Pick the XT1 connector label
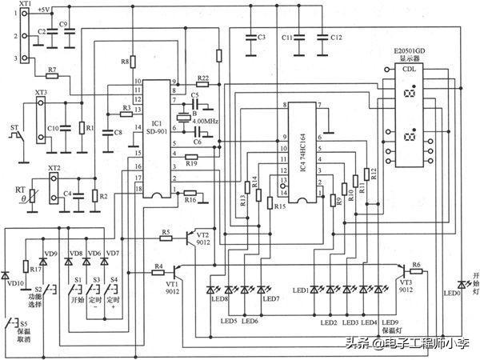click(25, 5)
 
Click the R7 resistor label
click(52, 71)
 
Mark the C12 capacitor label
click(335, 37)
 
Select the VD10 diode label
click(15, 283)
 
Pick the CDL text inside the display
click(409, 70)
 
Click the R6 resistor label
click(416, 265)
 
